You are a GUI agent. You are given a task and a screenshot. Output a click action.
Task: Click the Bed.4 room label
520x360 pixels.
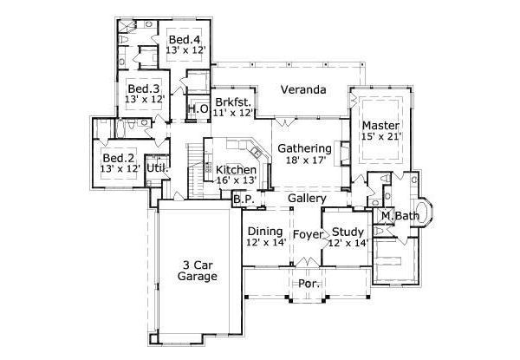coord(184,40)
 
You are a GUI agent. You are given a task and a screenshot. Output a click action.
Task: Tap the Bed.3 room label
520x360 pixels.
coord(143,88)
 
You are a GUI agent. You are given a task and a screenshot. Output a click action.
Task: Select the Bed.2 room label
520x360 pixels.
coord(118,158)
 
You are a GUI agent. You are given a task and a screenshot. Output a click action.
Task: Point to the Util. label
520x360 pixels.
coord(157,167)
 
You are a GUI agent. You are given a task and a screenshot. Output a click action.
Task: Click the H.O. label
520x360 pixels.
coord(197,109)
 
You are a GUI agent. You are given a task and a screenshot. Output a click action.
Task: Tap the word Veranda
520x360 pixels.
coord(303,89)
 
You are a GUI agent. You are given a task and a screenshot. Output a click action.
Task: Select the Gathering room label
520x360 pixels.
coord(304,148)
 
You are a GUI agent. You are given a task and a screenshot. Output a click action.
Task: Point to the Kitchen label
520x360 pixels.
coord(236,169)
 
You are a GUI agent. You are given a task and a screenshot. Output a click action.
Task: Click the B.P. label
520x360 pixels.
coord(243,200)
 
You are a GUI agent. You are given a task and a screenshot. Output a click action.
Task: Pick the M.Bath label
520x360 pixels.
coord(400,215)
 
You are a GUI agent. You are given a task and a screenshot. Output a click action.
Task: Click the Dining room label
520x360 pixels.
coord(265,232)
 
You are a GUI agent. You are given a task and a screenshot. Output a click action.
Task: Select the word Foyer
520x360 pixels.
coord(307,234)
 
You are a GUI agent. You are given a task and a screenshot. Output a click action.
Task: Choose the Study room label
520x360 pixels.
coord(347,232)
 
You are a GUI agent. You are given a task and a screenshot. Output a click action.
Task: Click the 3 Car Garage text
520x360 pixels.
coord(198,270)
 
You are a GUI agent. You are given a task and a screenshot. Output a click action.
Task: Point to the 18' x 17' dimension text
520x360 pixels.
coord(304,160)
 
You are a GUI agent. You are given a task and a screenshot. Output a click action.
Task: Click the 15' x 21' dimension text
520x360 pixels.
coord(380,138)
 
